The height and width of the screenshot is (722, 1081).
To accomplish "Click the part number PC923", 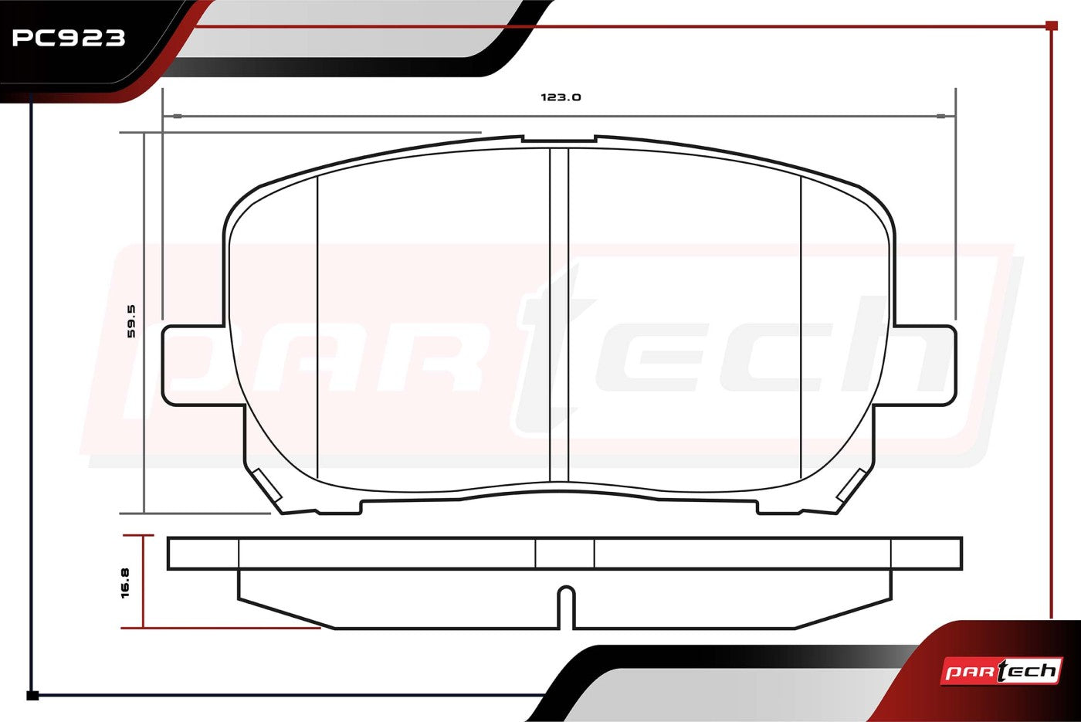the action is coord(69,38).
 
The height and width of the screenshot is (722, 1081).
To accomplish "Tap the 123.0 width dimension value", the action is coord(561,97).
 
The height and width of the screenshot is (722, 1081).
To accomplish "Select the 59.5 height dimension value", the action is coord(131,321).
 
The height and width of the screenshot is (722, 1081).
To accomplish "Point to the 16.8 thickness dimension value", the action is coord(125,584).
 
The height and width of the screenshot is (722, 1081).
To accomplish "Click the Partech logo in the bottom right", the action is coord(1001,670).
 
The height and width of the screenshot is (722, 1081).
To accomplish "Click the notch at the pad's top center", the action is coord(559,139).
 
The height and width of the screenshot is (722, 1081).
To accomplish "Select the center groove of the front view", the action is coord(559,315).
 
